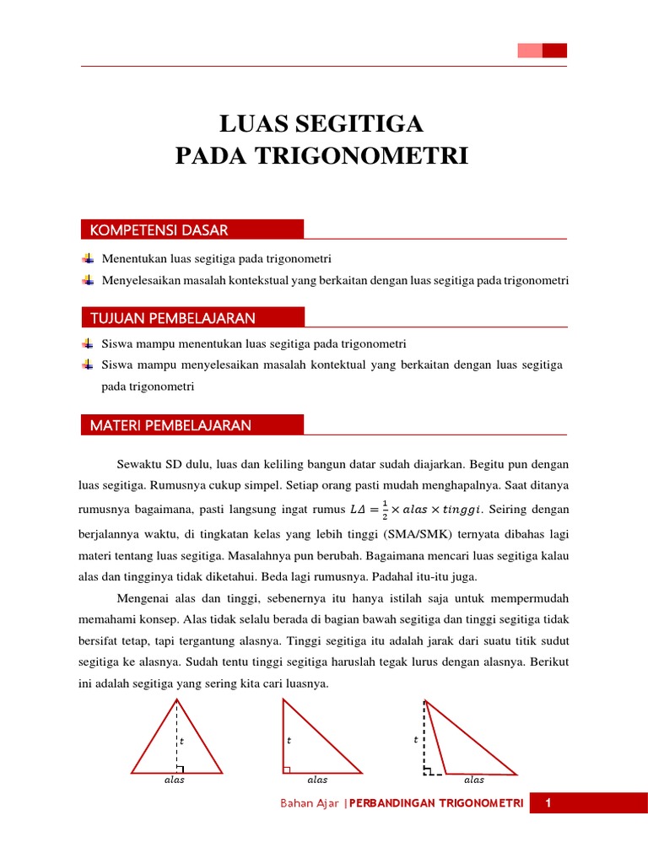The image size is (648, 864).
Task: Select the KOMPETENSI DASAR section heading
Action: click(159, 230)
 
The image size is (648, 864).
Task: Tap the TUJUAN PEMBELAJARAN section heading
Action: click(173, 318)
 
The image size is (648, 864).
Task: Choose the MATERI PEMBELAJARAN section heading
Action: click(170, 425)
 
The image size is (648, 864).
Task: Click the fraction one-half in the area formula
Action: click(385, 509)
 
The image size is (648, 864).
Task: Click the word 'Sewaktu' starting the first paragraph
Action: click(134, 465)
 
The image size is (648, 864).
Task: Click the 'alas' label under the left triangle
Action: click(174, 780)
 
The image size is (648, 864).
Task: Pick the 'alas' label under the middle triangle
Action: click(317, 780)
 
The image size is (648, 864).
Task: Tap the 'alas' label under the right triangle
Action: click(474, 780)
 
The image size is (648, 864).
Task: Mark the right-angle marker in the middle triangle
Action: click(288, 769)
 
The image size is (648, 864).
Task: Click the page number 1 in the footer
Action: click(548, 803)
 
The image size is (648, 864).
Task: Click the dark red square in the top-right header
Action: click(554, 51)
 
